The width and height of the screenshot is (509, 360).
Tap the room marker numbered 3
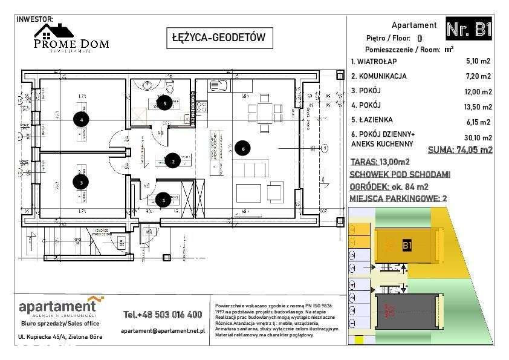click(x=80, y=181)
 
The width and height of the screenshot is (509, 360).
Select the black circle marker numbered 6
click(x=242, y=147)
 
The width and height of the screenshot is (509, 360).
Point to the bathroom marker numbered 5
click(x=164, y=103)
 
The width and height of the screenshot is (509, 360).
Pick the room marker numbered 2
click(x=173, y=160)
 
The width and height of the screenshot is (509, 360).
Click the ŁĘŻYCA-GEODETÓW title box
click(x=215, y=38)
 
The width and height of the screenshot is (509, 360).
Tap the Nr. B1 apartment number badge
click(x=468, y=29)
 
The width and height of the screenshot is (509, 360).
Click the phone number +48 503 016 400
click(x=162, y=315)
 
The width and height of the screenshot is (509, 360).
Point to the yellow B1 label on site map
click(x=407, y=246)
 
